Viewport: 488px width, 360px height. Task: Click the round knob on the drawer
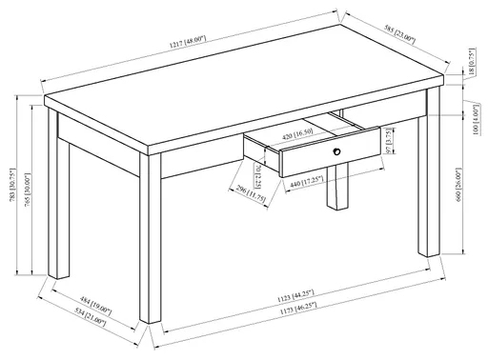coord(335,150)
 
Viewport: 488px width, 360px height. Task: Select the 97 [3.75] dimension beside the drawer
coord(390,148)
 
